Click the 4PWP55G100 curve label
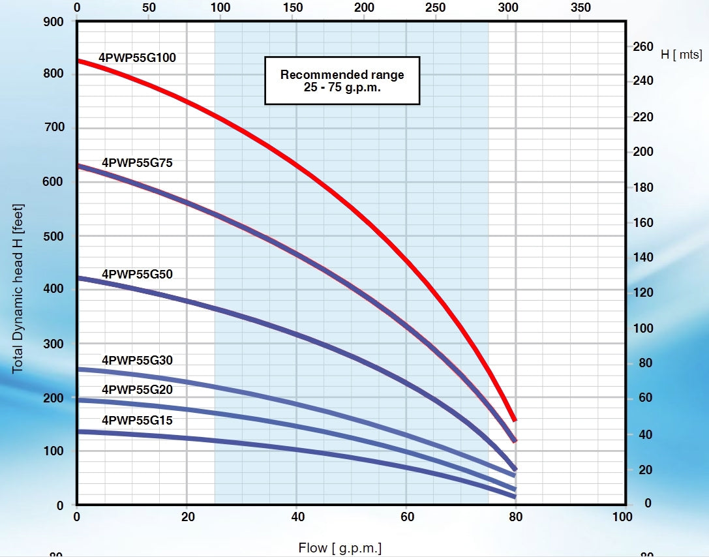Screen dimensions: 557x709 tap(137, 57)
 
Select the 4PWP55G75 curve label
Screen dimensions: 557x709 tap(137, 162)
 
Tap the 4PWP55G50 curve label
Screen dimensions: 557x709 tap(137, 274)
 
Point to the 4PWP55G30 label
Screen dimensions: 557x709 tap(137, 360)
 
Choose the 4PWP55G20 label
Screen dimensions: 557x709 tap(137, 389)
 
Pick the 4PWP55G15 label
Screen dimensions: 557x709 tap(137, 420)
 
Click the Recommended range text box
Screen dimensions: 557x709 tap(342, 80)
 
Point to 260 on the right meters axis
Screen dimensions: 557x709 tap(642, 47)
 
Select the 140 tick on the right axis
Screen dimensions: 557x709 tap(642, 258)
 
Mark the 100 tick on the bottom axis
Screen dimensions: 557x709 tap(623, 517)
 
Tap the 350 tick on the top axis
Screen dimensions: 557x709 tap(580, 8)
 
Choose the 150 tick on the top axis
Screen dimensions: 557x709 tap(294, 8)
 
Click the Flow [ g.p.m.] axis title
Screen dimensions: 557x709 tap(340, 548)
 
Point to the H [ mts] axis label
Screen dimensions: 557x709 tap(681, 55)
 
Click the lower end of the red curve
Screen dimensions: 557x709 tap(514, 419)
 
